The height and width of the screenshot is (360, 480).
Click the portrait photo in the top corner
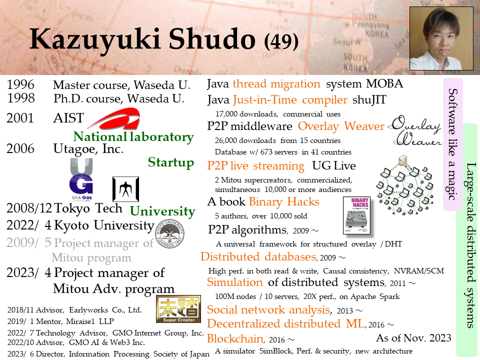point(441,38)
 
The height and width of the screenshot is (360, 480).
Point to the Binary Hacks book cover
point(356,215)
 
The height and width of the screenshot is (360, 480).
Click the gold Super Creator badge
point(178,309)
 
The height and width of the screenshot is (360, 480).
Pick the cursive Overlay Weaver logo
point(416,130)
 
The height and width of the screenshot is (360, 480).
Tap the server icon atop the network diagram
point(402,160)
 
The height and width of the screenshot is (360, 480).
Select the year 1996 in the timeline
point(21,85)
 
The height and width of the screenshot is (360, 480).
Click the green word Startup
point(171,162)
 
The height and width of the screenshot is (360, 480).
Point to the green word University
point(162,211)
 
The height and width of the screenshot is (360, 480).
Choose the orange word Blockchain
point(235,338)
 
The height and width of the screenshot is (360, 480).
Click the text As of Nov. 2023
point(413,338)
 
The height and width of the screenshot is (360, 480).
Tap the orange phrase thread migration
point(276,84)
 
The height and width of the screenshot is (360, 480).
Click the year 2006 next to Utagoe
point(20,149)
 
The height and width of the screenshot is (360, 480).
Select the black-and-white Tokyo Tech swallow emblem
point(126,189)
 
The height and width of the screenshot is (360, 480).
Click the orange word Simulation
point(235,282)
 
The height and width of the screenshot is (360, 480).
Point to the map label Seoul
point(342,41)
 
